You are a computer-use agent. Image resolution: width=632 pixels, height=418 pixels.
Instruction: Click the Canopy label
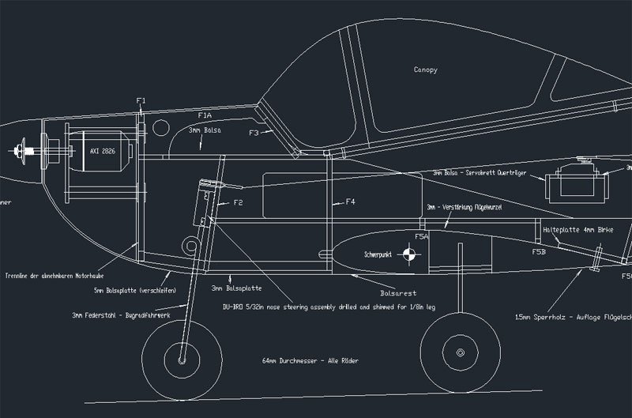click(425, 70)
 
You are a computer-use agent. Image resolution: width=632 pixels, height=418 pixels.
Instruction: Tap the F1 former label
click(141, 100)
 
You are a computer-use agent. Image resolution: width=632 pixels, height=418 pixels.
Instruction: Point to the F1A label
click(204, 115)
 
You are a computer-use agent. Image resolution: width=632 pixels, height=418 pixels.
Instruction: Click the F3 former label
click(254, 133)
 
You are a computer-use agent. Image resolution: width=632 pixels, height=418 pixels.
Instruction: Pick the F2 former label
click(237, 203)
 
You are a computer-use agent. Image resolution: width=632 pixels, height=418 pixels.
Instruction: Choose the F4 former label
click(350, 202)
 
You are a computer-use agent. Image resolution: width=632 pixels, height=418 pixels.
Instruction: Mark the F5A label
click(421, 235)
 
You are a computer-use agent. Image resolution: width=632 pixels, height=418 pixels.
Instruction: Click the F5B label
click(539, 252)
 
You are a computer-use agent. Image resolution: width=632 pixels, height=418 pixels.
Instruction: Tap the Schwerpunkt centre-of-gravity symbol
click(408, 254)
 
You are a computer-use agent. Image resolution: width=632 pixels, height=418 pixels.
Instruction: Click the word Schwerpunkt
click(378, 255)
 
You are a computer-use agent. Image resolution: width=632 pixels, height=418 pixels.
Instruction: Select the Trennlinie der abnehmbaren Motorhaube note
click(49, 276)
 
